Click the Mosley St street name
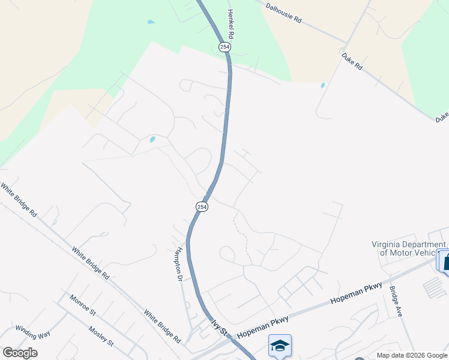click(100, 337)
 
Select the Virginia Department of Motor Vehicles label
click(409, 248)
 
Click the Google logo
click(20, 353)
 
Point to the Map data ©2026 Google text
click(411, 355)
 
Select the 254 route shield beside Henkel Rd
click(224, 47)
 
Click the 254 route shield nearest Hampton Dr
click(202, 206)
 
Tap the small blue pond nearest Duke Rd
click(323, 85)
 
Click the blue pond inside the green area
click(151, 22)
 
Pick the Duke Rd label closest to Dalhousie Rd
click(352, 62)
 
